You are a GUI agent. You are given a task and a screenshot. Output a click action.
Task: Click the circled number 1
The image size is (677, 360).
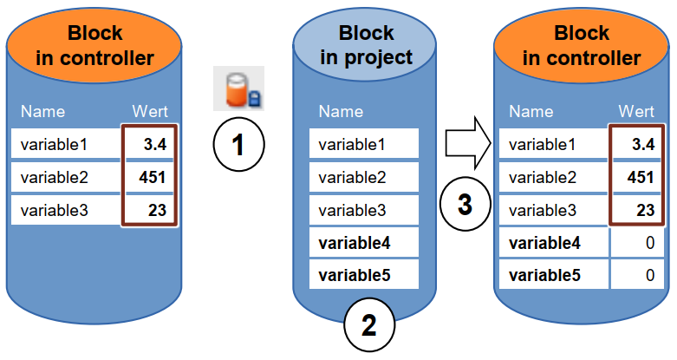(x=238, y=144)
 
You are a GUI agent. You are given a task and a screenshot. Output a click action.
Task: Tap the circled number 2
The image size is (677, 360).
(x=369, y=325)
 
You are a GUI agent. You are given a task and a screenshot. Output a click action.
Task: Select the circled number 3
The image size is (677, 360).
(x=465, y=204)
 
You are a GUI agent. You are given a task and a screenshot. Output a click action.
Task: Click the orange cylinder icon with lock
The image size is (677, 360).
(x=238, y=88)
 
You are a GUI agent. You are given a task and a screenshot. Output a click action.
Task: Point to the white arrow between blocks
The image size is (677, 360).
(x=468, y=142)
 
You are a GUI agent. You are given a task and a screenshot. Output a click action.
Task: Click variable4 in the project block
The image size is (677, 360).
(x=355, y=243)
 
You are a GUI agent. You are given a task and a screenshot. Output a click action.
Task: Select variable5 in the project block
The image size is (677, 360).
(x=355, y=275)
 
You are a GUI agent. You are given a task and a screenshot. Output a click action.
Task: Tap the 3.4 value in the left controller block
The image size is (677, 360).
(x=155, y=144)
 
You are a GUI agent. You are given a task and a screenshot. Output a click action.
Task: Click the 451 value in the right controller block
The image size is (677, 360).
(x=641, y=177)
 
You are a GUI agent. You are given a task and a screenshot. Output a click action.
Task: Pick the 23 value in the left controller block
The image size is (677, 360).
(x=157, y=211)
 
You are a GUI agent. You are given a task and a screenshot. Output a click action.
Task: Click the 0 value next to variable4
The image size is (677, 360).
(x=650, y=243)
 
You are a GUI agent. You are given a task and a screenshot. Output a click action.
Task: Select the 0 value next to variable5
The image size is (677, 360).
(x=650, y=275)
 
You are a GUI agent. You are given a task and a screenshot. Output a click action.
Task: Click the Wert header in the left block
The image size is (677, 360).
(x=150, y=112)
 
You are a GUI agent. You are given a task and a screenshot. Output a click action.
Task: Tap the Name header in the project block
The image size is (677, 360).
(x=341, y=112)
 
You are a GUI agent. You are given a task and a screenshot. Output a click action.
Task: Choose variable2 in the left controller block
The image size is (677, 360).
(x=55, y=177)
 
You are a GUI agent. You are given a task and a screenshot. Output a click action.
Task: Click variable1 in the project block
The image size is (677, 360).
(x=352, y=144)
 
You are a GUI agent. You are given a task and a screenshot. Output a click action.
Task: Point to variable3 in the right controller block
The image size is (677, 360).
(x=543, y=211)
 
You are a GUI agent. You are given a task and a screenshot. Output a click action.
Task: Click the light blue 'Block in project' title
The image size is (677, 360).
(x=366, y=45)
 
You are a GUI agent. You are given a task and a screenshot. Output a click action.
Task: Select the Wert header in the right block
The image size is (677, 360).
(x=636, y=112)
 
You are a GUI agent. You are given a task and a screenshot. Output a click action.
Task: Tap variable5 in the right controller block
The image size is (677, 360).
(x=545, y=275)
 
